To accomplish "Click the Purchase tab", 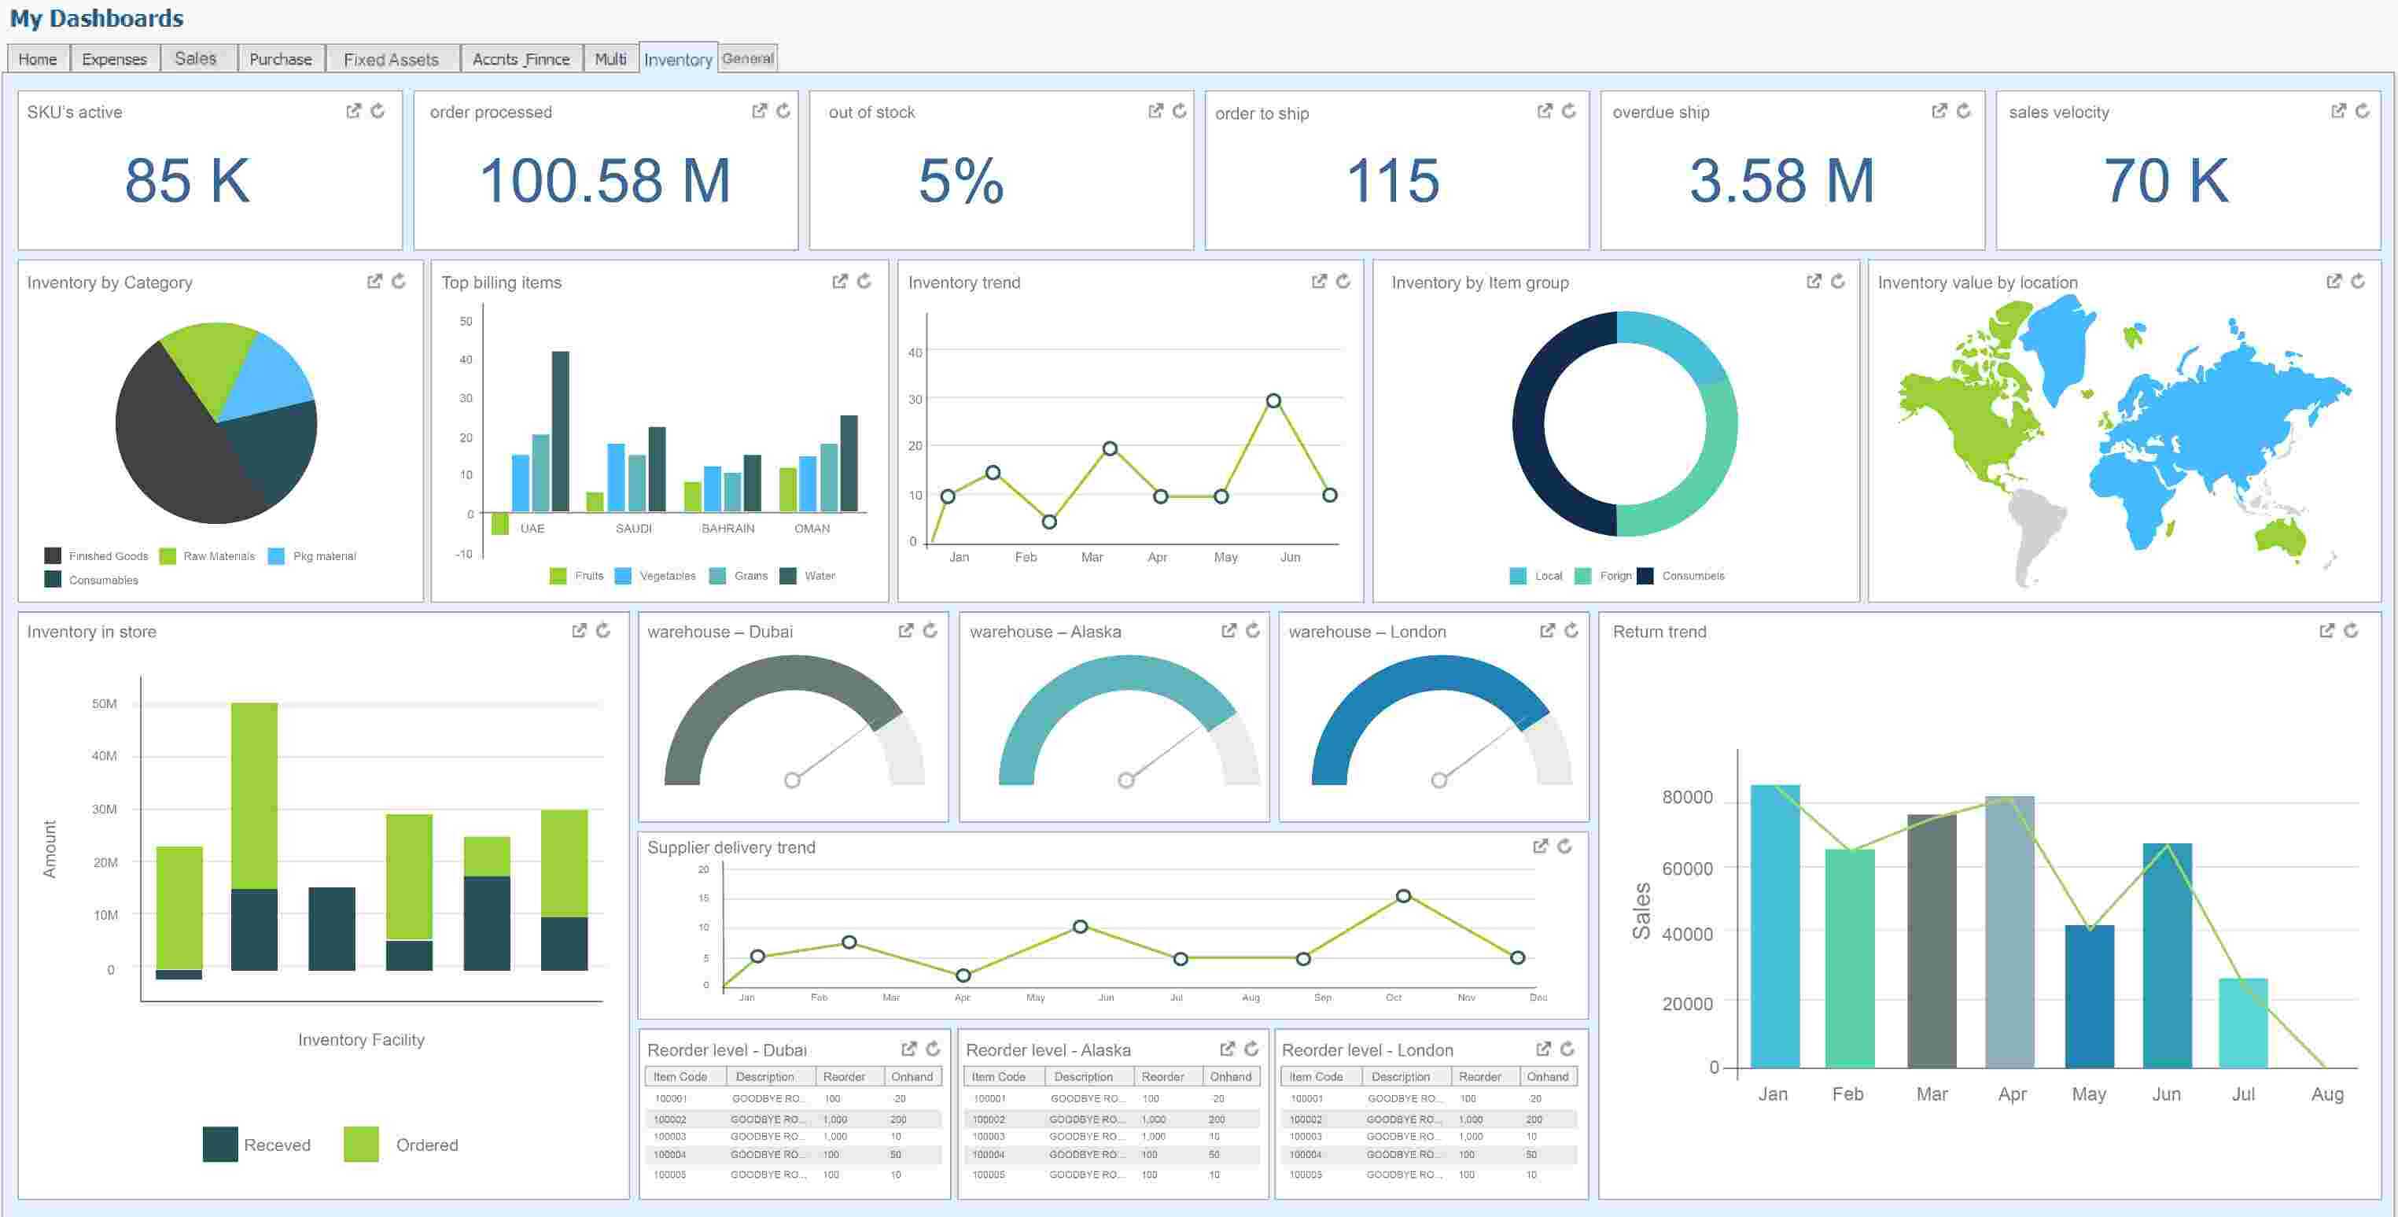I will point(280,59).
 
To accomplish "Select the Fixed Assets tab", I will point(391,59).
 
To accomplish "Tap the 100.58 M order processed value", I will point(605,181).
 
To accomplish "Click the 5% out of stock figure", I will point(960,181).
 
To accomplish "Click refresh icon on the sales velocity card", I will point(2362,111).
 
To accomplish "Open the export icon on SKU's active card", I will point(353,111).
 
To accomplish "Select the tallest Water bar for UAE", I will point(561,430).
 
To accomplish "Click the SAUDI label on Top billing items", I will point(634,528).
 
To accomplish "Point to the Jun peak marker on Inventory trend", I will point(1273,400).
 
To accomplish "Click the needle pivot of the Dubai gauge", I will point(792,780).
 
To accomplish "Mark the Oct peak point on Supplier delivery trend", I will point(1403,896).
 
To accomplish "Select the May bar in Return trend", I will point(2089,996).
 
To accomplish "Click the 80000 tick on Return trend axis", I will point(1687,797).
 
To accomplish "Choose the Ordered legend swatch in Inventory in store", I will point(361,1145).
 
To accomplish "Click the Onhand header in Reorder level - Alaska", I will point(1230,1076).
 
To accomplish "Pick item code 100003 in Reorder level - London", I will point(1306,1136).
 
